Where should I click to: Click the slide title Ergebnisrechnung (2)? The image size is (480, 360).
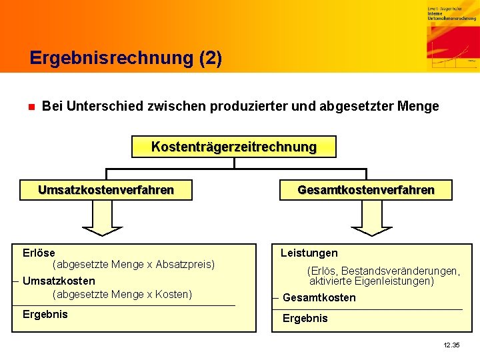coord(125,58)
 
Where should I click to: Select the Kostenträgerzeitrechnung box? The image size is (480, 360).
coord(233,147)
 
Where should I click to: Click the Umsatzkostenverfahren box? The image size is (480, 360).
coord(106,190)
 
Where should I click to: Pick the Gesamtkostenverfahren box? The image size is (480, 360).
coord(365,190)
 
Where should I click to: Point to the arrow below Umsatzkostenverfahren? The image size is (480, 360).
coord(102,219)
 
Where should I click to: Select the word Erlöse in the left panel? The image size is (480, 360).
coord(39,253)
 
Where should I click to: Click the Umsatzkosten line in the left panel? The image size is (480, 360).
coord(59,281)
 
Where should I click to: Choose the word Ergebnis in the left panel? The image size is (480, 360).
coord(45,314)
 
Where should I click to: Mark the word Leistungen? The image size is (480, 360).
coord(309,253)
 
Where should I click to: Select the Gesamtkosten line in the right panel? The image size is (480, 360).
coord(319,297)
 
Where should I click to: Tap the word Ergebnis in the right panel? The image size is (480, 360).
coord(305,318)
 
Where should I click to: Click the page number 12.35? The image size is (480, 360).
coord(451,345)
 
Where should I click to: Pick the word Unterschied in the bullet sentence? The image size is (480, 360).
coord(97,107)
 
